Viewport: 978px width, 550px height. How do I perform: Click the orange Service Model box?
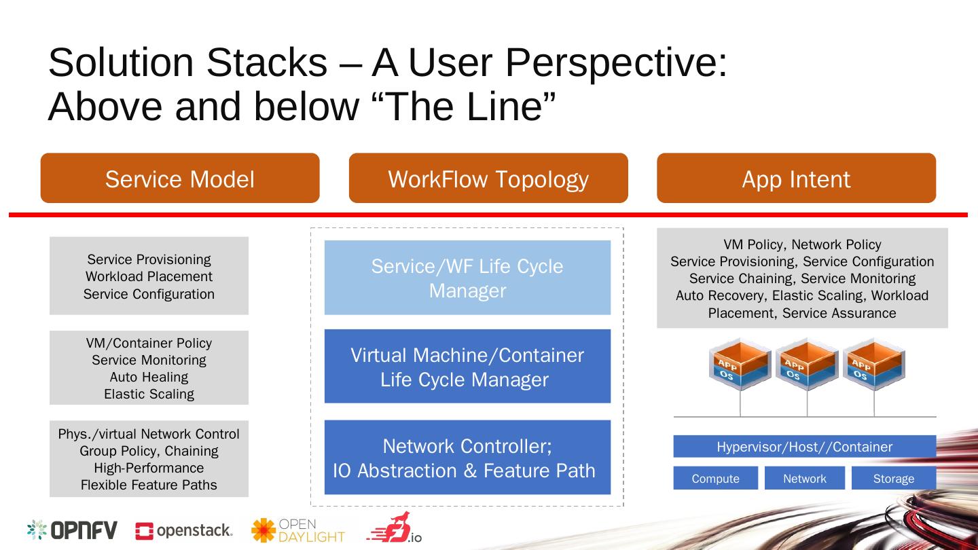(x=180, y=178)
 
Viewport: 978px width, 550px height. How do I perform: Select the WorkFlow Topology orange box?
(x=488, y=178)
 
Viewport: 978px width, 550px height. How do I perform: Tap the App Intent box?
(x=797, y=178)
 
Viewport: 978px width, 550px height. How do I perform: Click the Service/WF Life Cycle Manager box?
(x=467, y=278)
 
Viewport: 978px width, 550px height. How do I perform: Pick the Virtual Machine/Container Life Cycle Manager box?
(x=467, y=366)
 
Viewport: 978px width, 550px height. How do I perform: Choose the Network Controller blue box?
(x=467, y=457)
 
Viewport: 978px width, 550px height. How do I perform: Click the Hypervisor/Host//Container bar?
(x=805, y=446)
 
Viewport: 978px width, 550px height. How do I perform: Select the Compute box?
(x=716, y=478)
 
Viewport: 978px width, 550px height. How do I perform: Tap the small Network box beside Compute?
(x=805, y=478)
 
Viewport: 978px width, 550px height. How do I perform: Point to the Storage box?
(x=894, y=478)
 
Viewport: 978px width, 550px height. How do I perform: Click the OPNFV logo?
(x=72, y=530)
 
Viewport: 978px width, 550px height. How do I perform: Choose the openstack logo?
(x=184, y=531)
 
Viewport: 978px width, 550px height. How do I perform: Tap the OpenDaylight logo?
(x=298, y=530)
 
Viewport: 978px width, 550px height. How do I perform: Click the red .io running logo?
(x=394, y=528)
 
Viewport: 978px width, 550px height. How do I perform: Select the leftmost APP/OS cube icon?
(x=740, y=364)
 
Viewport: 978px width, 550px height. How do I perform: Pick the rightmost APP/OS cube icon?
(x=874, y=364)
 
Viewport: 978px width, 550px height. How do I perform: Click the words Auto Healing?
(x=149, y=377)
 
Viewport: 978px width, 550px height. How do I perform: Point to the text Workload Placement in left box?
(x=149, y=276)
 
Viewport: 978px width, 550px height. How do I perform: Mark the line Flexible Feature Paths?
(x=149, y=485)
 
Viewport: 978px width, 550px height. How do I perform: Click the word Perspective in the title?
(x=616, y=64)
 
